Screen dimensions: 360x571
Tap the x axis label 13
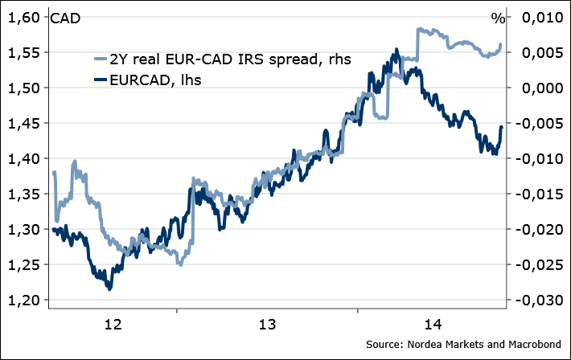click(x=267, y=325)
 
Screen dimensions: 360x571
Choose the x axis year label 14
click(x=432, y=325)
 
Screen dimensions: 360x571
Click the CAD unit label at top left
click(x=65, y=18)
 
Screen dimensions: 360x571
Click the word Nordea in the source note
click(x=425, y=345)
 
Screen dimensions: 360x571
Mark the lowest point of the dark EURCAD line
click(x=109, y=288)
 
